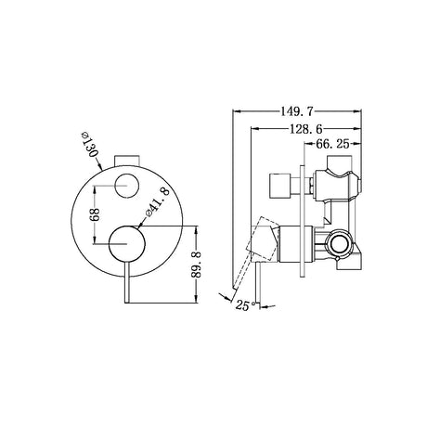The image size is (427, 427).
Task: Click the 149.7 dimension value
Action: point(297,111)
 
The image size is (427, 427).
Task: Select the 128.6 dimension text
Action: point(305,128)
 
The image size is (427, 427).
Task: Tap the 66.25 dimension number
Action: point(332,144)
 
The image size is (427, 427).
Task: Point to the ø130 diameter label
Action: point(90,145)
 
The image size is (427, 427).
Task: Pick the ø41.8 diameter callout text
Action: point(158,201)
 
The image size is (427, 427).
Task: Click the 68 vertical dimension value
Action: point(95,214)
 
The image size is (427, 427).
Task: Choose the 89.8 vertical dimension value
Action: point(198,265)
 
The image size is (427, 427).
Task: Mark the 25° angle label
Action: point(245,305)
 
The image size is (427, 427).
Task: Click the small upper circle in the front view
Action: point(126,186)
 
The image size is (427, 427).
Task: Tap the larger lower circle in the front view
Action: point(127,243)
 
